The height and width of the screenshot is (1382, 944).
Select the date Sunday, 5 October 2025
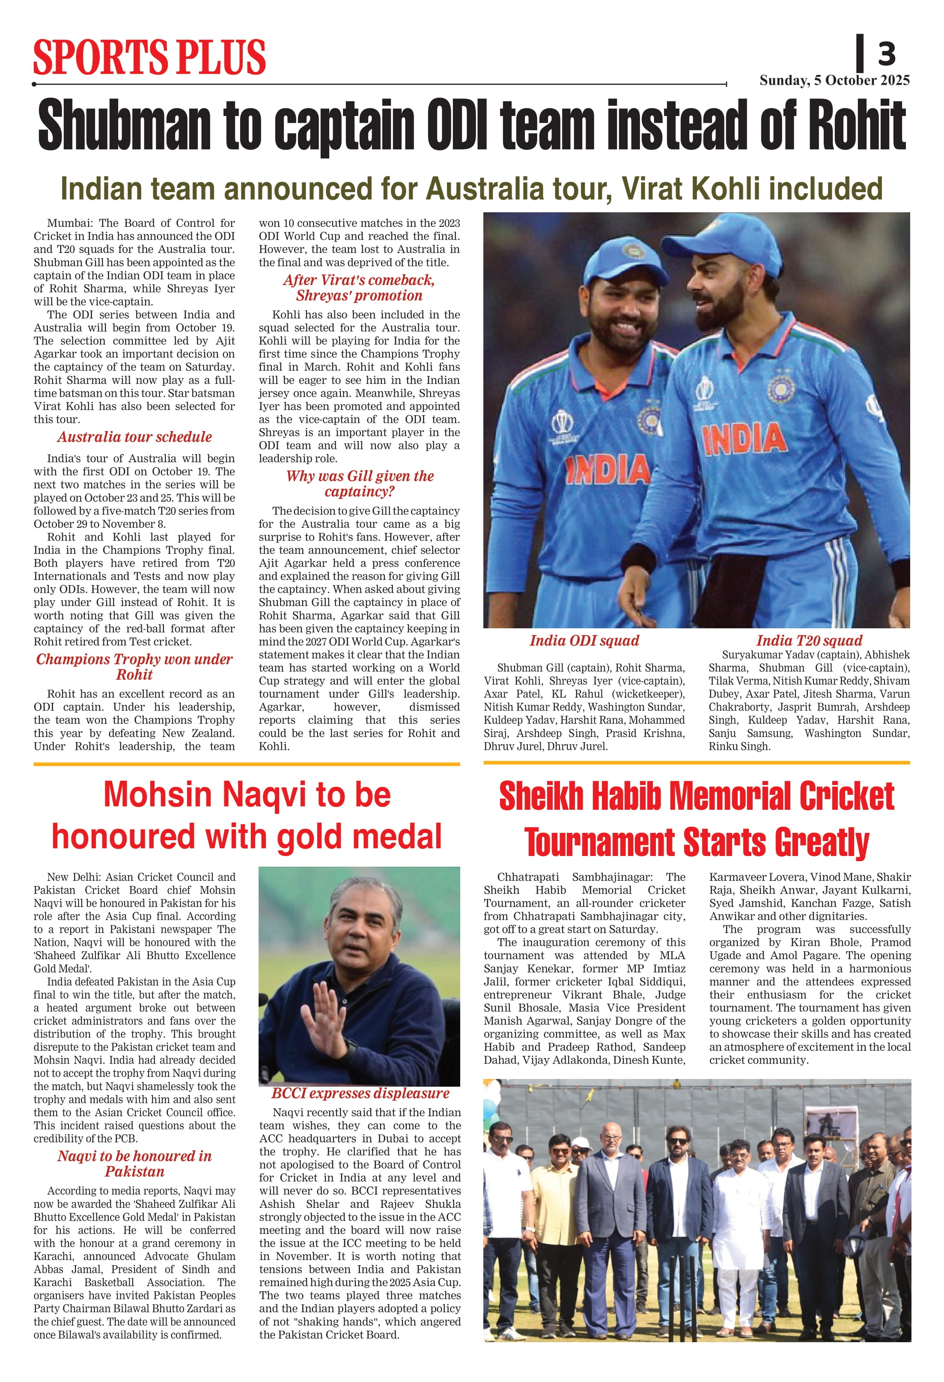(834, 80)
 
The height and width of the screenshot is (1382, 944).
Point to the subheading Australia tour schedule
(134, 437)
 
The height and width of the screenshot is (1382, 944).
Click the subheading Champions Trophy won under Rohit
(134, 667)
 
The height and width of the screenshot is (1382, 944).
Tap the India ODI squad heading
(584, 640)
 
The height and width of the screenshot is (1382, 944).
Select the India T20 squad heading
(809, 640)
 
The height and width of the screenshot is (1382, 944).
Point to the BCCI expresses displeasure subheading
(360, 1093)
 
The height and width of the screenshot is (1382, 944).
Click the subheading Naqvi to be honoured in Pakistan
(134, 1164)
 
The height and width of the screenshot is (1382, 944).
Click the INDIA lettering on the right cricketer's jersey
(744, 438)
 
